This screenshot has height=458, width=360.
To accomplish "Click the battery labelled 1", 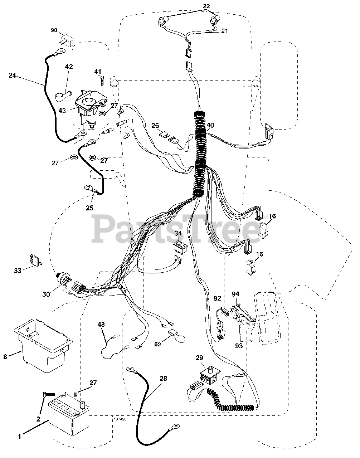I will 64,417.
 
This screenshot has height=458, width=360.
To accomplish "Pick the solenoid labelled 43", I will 88,106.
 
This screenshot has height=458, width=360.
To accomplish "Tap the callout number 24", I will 13,75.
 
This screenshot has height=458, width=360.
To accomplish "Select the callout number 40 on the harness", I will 210,125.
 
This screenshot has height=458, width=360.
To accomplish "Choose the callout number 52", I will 158,344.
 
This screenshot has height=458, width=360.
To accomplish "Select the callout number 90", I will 54,30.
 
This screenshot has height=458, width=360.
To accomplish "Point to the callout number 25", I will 89,208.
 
